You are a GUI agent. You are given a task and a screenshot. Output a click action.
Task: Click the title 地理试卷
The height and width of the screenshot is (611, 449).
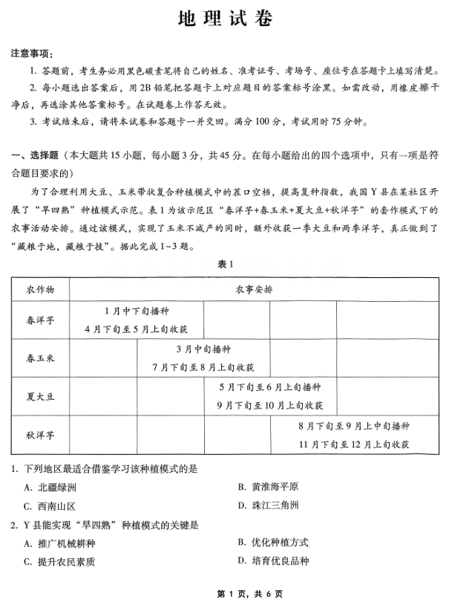(224, 20)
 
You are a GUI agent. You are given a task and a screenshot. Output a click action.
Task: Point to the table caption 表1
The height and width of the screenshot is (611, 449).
(224, 264)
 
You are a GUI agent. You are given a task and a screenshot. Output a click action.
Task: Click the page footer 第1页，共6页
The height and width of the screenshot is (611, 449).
(224, 595)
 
